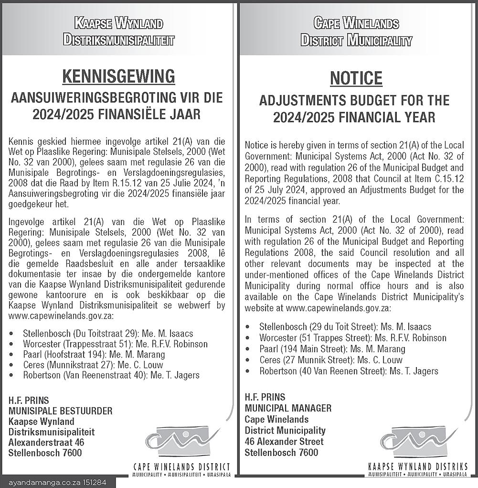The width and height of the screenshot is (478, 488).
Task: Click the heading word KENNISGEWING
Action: pos(118,76)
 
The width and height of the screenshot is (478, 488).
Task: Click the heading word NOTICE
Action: pos(356,78)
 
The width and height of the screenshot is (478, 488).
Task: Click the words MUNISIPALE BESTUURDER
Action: pos(61,411)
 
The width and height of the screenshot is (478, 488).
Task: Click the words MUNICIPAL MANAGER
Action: pos(288,408)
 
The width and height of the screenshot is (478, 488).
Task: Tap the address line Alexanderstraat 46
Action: pos(46,442)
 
